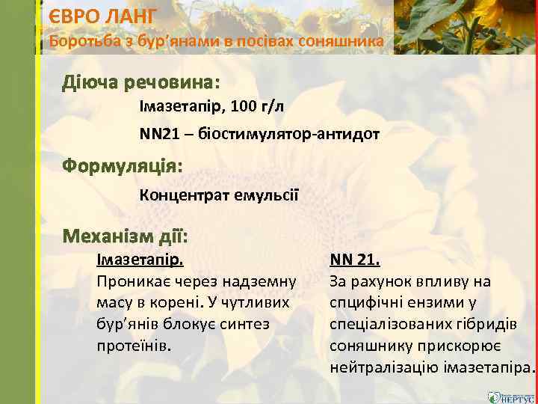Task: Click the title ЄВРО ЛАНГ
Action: [104, 16]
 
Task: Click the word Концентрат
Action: [182, 195]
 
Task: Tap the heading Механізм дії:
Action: [125, 236]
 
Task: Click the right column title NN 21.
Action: [355, 261]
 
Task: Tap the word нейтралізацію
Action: [383, 369]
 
